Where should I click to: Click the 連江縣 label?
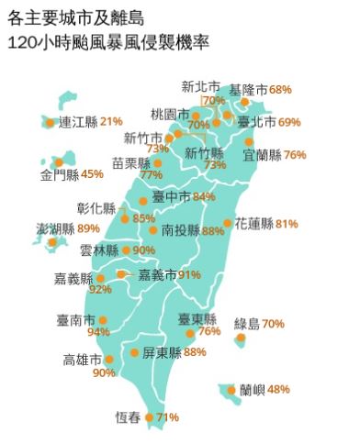[77, 121]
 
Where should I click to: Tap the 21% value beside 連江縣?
[112, 121]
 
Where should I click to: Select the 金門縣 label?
[59, 173]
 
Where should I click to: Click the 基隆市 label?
[248, 89]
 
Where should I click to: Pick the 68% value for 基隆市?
[280, 89]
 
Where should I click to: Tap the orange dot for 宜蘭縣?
[249, 141]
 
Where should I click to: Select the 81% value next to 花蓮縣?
[287, 223]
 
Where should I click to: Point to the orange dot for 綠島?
[241, 338]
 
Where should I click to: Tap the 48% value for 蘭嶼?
[279, 389]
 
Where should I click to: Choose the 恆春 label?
[128, 417]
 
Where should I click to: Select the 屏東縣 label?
[161, 352]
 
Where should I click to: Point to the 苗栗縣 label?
[130, 162]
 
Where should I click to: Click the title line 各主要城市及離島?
[74, 17]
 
